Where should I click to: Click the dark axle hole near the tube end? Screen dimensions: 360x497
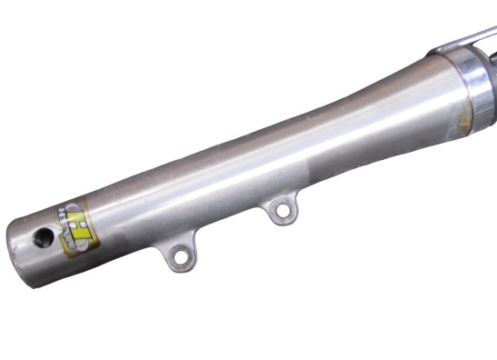(x=41, y=238)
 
